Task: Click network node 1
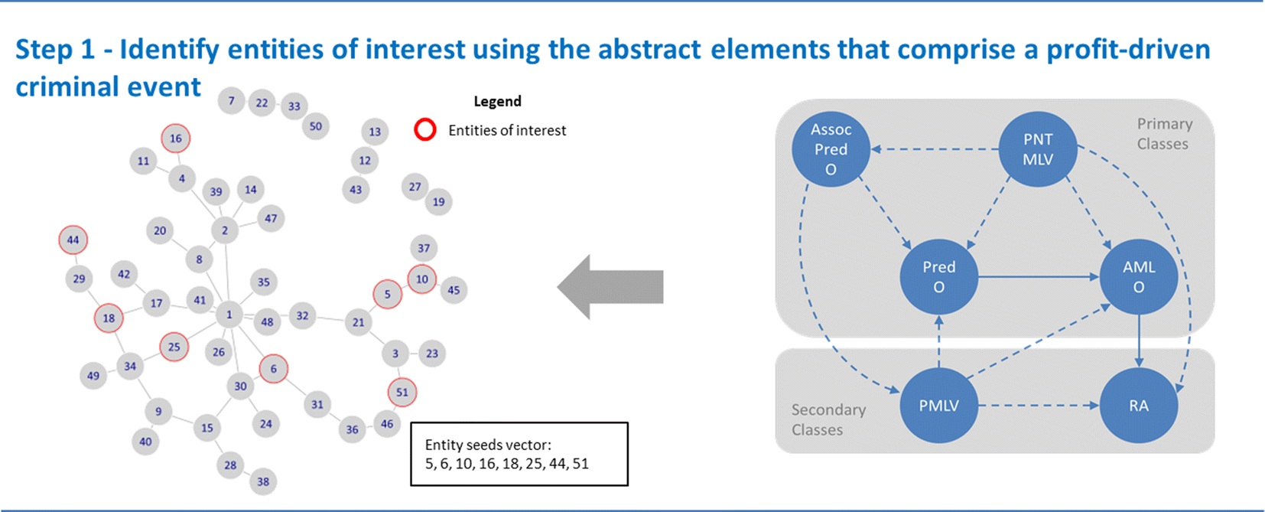pos(229,314)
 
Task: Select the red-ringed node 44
pos(73,240)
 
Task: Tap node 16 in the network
pos(176,139)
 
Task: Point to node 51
pos(402,392)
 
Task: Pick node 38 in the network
pos(263,481)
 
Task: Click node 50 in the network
pos(316,126)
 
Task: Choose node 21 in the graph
pos(358,322)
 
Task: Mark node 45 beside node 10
pos(454,290)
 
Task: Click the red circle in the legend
pos(425,130)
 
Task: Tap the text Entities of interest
pos(507,130)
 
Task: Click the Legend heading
pos(497,101)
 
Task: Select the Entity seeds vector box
pos(519,454)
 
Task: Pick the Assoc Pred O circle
pos(831,149)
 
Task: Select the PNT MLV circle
pos(1038,149)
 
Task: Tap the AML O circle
pos(1138,277)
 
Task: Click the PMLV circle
pos(938,406)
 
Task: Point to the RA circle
pos(1138,406)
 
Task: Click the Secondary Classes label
pos(828,419)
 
